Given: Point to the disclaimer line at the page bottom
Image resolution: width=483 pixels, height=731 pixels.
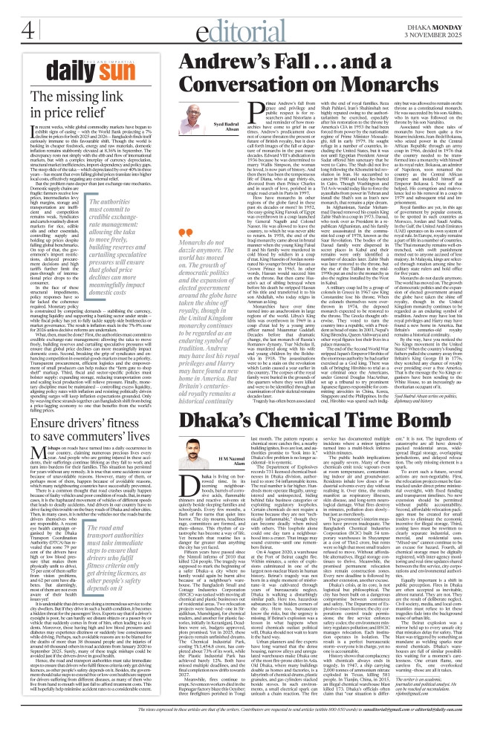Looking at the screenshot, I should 241,724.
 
